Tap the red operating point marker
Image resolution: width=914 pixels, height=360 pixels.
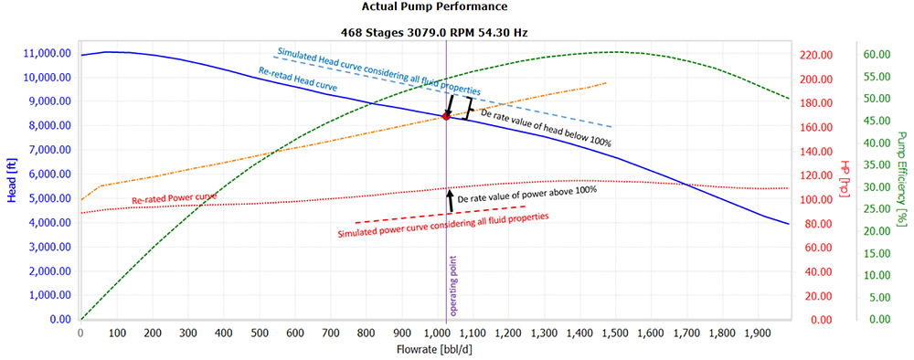(446, 116)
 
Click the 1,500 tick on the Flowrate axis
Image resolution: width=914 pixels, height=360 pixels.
(616, 334)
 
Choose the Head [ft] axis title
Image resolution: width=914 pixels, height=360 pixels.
(9, 187)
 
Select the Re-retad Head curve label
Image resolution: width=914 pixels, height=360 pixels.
(298, 85)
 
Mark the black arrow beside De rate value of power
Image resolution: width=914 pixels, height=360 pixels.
(449, 198)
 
